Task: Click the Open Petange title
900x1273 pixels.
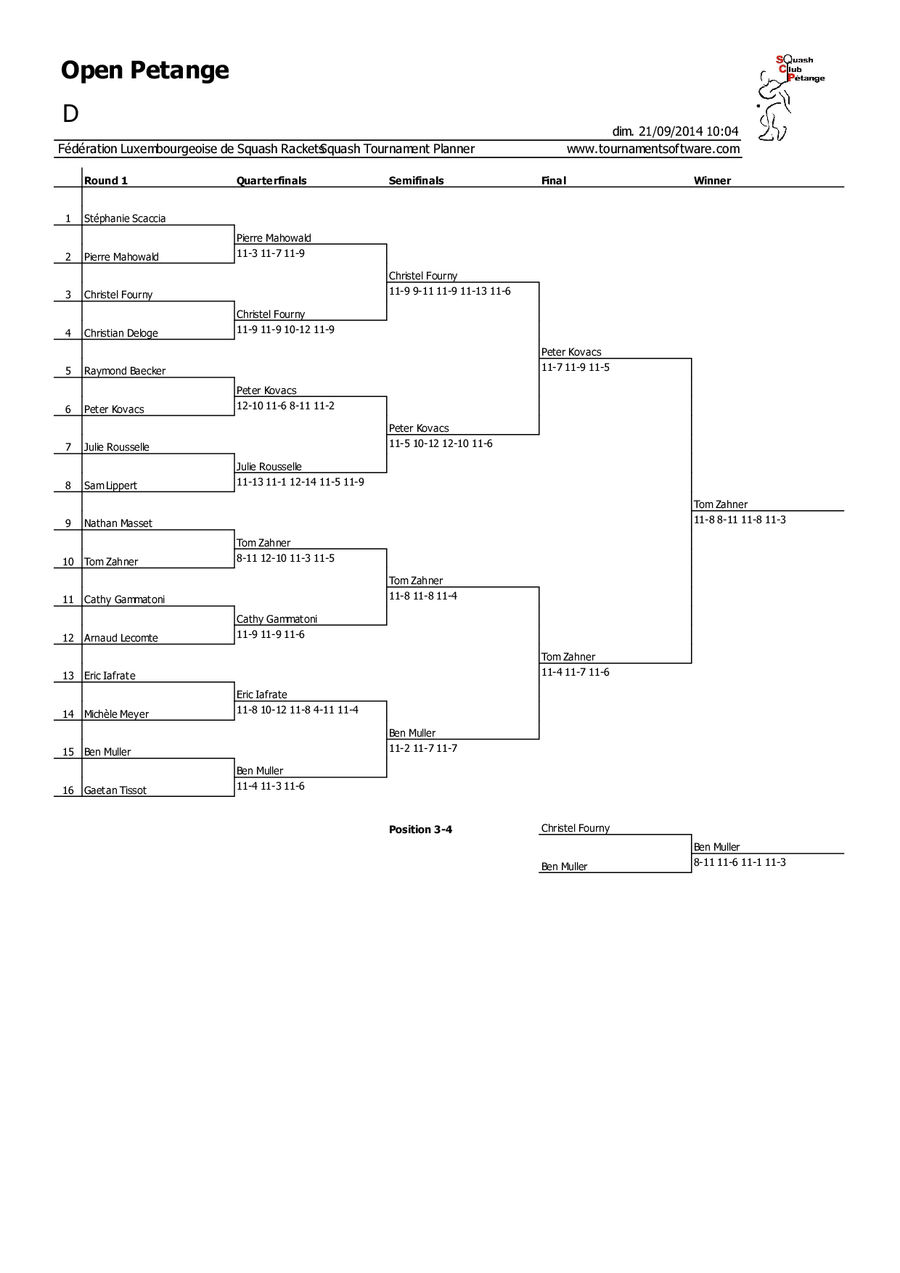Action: (145, 70)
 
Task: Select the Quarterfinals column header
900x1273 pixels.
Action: (271, 181)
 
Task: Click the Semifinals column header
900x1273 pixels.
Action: (416, 181)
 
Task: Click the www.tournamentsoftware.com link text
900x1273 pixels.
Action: (653, 149)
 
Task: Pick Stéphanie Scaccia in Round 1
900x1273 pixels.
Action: (125, 218)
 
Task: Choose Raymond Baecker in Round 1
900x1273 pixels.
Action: (125, 371)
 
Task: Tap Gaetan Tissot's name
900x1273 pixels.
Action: (115, 790)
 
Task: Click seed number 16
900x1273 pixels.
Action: (68, 790)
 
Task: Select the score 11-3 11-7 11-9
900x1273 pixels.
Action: (271, 253)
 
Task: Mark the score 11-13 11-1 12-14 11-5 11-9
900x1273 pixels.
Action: (300, 482)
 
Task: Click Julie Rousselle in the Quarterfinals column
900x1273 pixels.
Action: (269, 467)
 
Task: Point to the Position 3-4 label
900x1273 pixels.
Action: (420, 830)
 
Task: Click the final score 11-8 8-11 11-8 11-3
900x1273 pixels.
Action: (740, 520)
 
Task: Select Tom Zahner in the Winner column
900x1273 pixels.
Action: (721, 504)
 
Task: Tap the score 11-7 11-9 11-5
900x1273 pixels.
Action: (576, 367)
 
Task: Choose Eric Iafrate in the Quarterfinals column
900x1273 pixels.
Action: (262, 695)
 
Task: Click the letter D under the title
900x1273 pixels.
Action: (70, 114)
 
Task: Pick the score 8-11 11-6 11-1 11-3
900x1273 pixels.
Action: (740, 862)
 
